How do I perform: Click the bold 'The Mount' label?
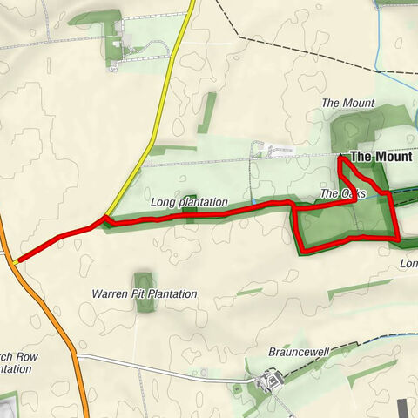tap(381, 158)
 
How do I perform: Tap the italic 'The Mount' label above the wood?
tap(347, 103)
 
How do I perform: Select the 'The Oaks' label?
tap(341, 193)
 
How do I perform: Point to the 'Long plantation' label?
tap(188, 202)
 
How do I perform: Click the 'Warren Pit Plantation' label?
tap(145, 294)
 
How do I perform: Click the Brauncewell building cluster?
tap(268, 380)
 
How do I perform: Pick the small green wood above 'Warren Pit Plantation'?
tap(143, 280)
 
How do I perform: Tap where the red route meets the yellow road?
tap(105, 218)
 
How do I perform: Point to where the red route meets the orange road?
tap(16, 260)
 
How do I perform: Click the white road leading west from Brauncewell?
tap(157, 366)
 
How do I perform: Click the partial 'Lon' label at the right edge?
tap(408, 263)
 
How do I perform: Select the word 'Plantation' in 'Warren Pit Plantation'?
tap(172, 294)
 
